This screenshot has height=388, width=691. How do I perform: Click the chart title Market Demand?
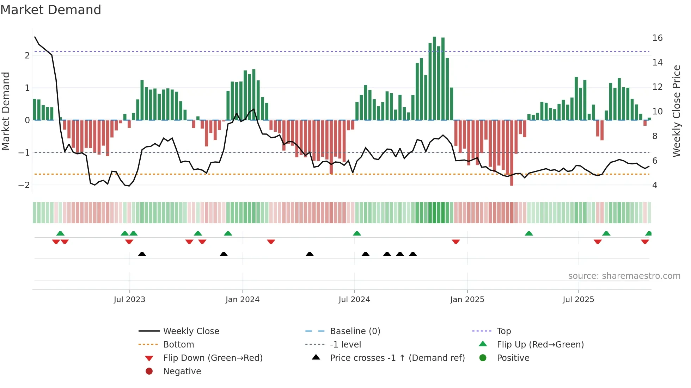[x=51, y=10]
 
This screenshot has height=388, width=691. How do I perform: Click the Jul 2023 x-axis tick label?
[x=129, y=300]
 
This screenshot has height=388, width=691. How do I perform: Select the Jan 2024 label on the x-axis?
[x=243, y=300]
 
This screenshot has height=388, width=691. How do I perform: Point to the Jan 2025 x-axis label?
[x=467, y=300]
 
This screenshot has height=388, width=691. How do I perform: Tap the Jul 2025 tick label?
[x=578, y=300]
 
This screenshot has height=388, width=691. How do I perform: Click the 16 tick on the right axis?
[x=657, y=38]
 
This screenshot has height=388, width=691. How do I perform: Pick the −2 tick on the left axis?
[x=24, y=185]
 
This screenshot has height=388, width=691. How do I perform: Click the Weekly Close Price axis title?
[x=676, y=111]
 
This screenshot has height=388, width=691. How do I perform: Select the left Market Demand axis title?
[x=6, y=111]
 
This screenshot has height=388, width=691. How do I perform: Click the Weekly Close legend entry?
[x=191, y=331]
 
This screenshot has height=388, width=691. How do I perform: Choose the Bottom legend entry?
[x=178, y=345]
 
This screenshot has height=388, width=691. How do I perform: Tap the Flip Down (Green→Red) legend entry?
[x=213, y=358]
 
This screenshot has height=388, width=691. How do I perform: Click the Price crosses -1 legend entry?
[x=397, y=358]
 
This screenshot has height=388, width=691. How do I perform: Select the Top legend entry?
[x=503, y=331]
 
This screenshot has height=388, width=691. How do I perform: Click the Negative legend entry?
[x=182, y=371]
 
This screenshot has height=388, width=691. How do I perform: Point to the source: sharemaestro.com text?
[x=624, y=276]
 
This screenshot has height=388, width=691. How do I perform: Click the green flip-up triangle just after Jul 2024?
[x=357, y=233]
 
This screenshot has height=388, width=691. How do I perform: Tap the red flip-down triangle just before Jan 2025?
[x=456, y=242]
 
